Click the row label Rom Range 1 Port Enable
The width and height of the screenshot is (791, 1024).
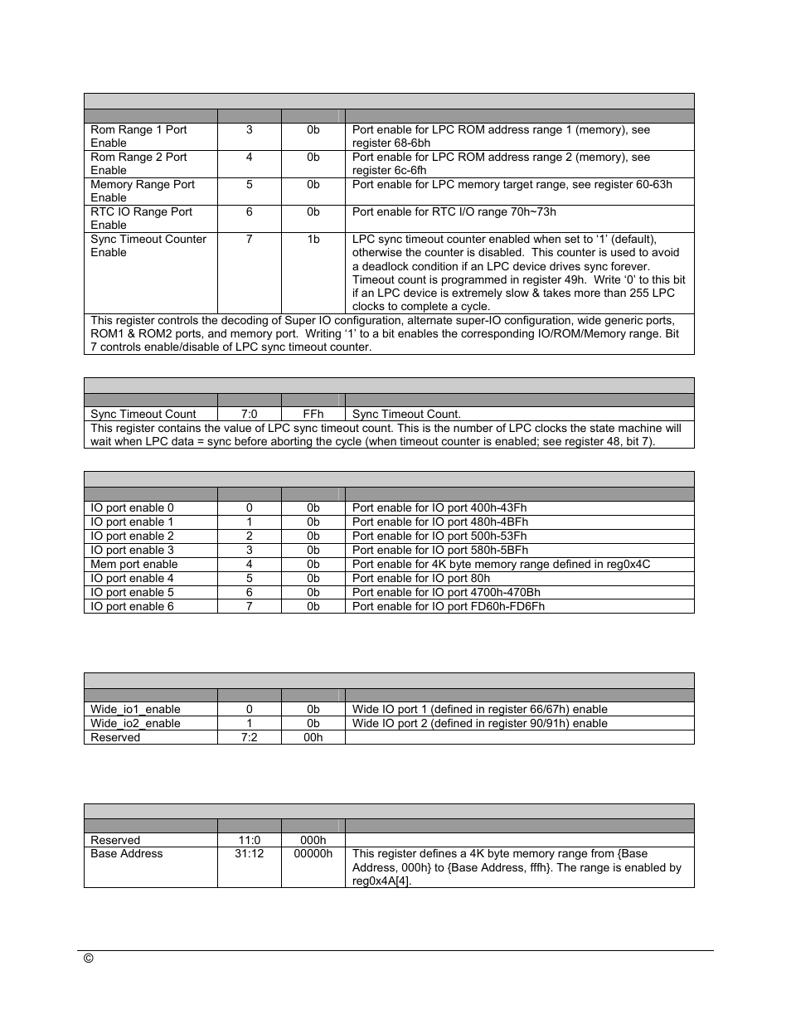pos(138,137)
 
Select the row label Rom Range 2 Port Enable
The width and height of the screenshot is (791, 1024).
pos(138,164)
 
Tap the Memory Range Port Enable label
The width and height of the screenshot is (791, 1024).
pos(143,192)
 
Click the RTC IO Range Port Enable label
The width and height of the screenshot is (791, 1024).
pos(141,219)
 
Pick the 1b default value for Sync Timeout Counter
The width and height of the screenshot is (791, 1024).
pos(313,240)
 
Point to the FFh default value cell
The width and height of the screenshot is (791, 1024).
pos(313,415)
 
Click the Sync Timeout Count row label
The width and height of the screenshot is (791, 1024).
pos(143,415)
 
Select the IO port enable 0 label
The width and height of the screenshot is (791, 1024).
pos(133,508)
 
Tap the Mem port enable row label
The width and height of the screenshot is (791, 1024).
pos(134,565)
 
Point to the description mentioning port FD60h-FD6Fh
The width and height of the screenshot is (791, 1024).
pos(449,607)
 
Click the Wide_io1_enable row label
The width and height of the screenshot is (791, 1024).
pos(135,710)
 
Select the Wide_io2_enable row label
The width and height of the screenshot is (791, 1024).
pos(135,724)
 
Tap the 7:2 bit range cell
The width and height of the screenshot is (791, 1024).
pos(249,738)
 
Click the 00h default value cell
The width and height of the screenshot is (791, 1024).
pos(313,738)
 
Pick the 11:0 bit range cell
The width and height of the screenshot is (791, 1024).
pos(249,841)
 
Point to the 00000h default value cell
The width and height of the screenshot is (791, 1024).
pos(313,854)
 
